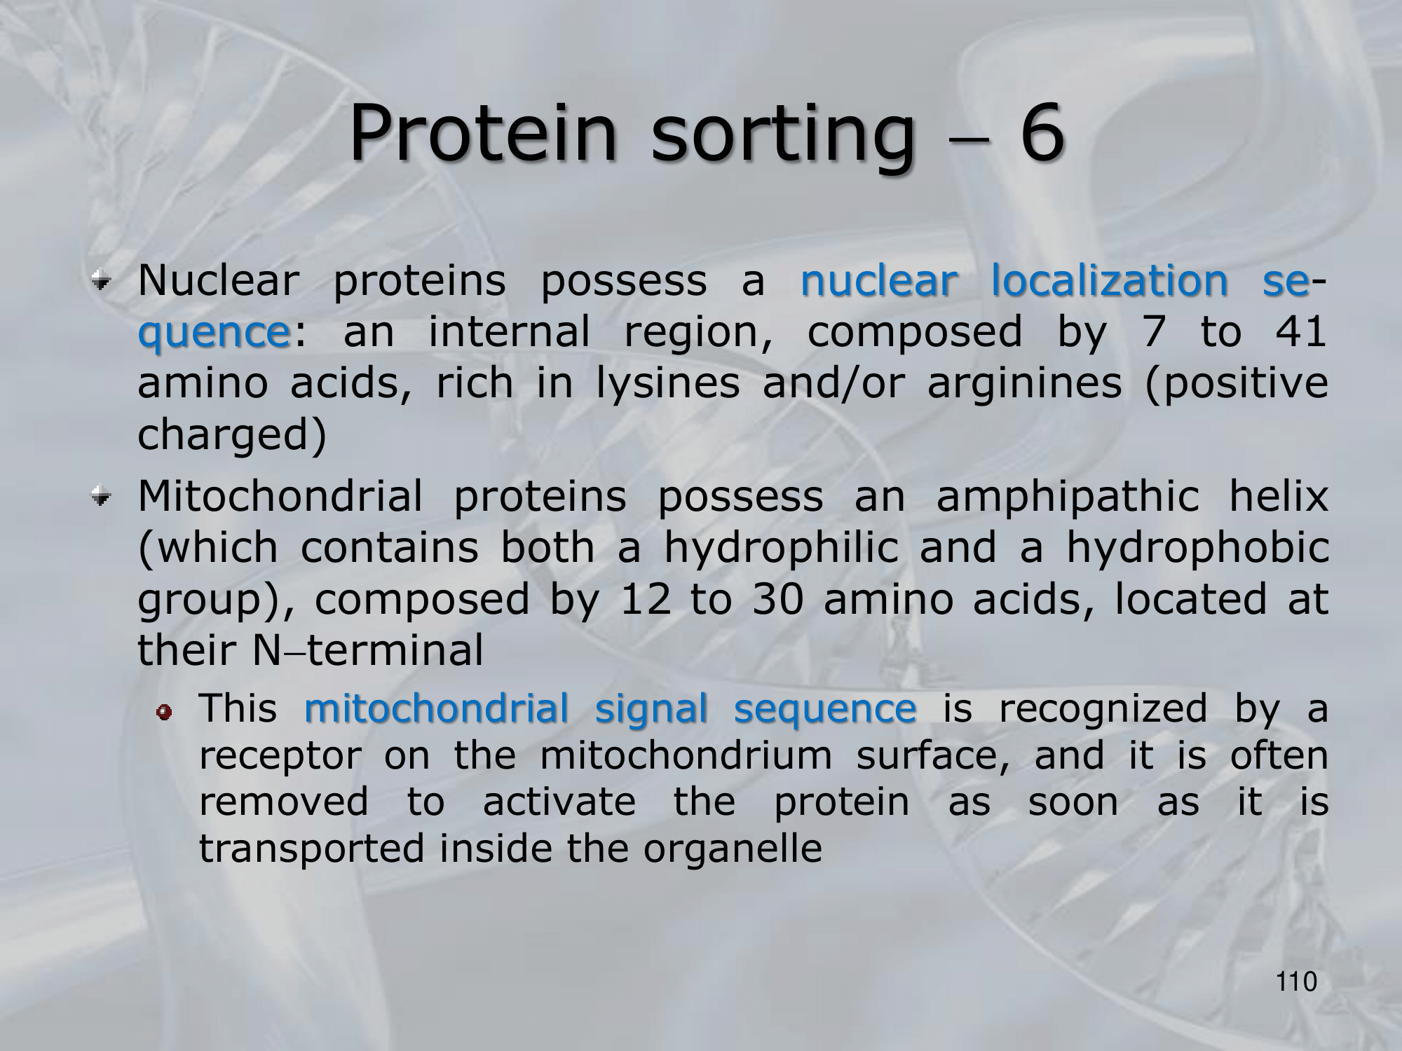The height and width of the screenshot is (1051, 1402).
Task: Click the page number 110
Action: [x=1297, y=982]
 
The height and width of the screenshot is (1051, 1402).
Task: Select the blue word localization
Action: [x=1109, y=281]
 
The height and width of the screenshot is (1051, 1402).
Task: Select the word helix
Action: [x=1279, y=497]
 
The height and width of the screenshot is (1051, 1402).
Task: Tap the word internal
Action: [x=509, y=332]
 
